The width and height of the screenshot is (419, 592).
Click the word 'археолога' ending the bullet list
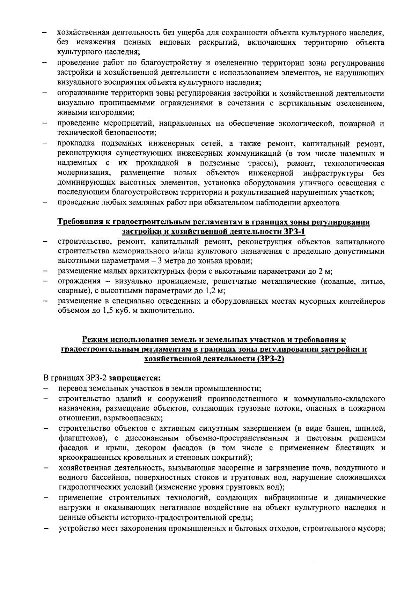(323, 203)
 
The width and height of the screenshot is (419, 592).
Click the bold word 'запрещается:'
(134, 378)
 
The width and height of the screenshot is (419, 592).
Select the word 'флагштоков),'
(79, 437)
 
